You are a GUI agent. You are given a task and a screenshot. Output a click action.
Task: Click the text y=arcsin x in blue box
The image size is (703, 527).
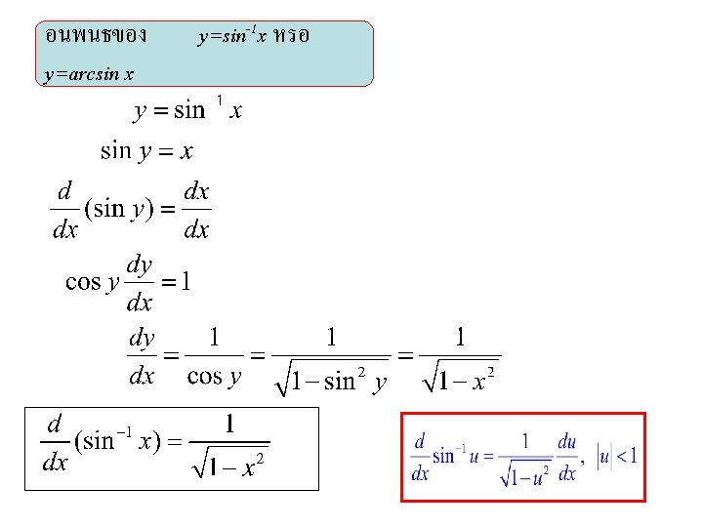point(90,73)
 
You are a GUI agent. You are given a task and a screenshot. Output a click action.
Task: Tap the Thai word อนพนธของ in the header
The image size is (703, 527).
point(97,36)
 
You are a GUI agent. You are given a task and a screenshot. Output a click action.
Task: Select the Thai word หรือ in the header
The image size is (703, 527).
point(292,36)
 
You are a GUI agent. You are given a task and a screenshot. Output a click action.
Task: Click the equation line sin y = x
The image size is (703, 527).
point(146,151)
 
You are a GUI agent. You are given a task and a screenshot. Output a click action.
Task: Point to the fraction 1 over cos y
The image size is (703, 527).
point(214,358)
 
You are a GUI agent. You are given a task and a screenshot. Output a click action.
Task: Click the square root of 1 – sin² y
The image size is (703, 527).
point(332,377)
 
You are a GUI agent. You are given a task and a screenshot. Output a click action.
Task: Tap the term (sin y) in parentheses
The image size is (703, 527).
point(118,209)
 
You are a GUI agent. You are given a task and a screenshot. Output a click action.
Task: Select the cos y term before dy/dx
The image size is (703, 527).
point(92,282)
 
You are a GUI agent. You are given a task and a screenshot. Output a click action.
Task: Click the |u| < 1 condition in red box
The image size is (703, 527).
point(617,455)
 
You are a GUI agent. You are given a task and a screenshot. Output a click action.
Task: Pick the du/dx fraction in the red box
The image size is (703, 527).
point(567,457)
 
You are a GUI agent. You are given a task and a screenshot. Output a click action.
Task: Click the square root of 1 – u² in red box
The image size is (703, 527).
point(525,474)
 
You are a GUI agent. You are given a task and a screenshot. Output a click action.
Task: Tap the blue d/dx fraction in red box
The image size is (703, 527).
point(421,457)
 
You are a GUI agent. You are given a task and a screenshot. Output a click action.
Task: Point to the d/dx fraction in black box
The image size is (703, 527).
point(56,443)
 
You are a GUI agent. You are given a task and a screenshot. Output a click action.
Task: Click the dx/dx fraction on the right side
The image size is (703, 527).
point(196,211)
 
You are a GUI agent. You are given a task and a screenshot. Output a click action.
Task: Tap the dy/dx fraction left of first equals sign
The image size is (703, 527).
point(143,358)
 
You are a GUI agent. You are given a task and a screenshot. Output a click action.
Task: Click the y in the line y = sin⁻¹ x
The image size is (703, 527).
point(140,110)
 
